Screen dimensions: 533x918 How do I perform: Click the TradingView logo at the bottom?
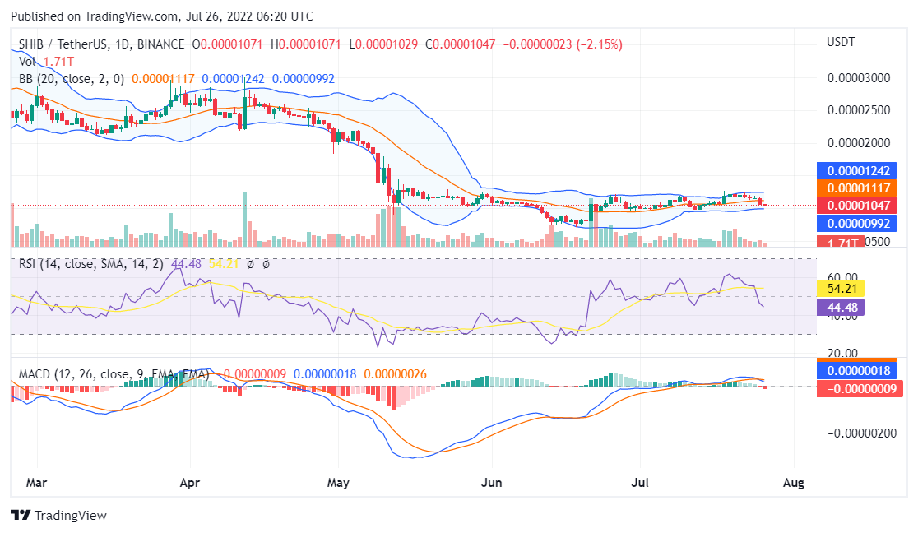click(x=58, y=515)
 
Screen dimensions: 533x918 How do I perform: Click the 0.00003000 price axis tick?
click(x=861, y=79)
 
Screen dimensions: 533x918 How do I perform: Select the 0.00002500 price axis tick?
click(x=861, y=110)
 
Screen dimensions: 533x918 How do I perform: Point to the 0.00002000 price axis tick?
click(x=861, y=142)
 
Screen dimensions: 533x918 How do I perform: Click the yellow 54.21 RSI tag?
click(x=845, y=288)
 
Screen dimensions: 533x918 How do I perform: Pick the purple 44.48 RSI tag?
click(x=845, y=306)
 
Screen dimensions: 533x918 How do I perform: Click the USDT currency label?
click(x=841, y=42)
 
